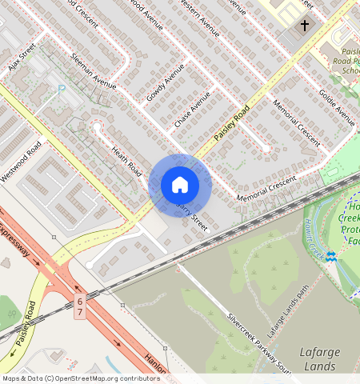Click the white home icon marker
click(180, 185)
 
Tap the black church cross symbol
click(304, 26)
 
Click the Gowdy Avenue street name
click(166, 82)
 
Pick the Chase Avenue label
click(192, 110)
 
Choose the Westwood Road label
click(22, 161)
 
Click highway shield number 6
click(80, 301)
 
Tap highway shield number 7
click(80, 312)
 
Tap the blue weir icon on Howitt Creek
click(331, 256)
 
